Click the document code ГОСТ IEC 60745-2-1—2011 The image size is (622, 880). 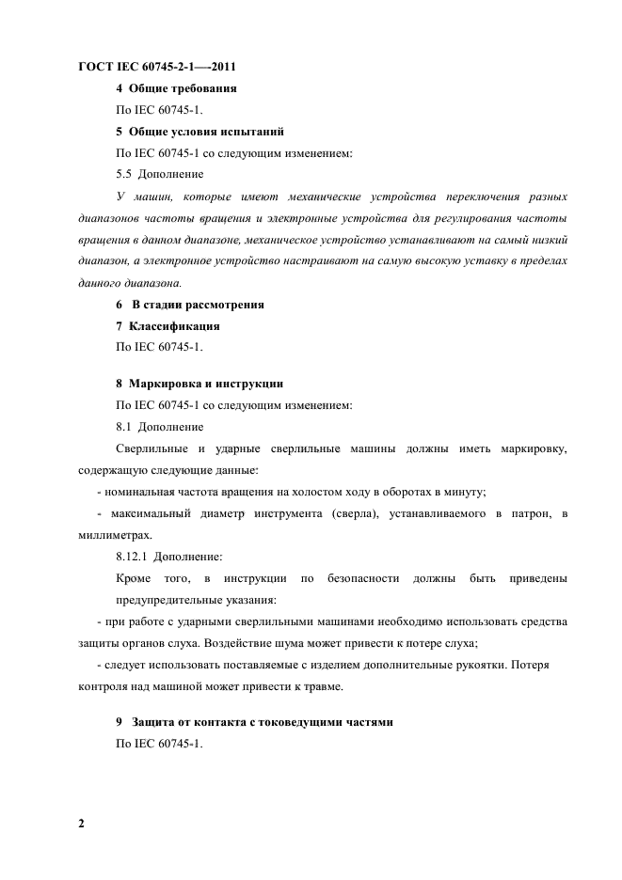pyautogui.click(x=155, y=67)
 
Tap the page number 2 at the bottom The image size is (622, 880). pyautogui.click(x=81, y=824)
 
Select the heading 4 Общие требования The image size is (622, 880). pyautogui.click(x=175, y=88)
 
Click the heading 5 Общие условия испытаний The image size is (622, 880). pyautogui.click(x=199, y=131)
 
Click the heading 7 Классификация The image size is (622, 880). pyautogui.click(x=167, y=326)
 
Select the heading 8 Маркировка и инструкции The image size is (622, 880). pyautogui.click(x=199, y=384)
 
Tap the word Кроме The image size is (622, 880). pyautogui.click(x=135, y=577)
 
